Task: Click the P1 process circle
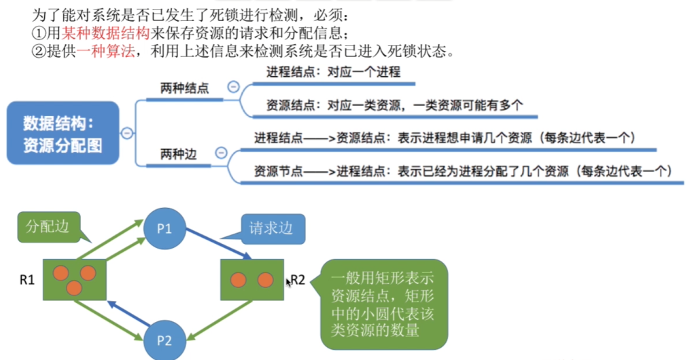tap(164, 228)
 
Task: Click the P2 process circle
tap(164, 339)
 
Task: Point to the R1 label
tap(28, 279)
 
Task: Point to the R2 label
tap(298, 280)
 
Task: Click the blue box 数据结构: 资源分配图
tap(63, 133)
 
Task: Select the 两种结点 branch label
tap(184, 88)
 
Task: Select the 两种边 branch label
tap(177, 154)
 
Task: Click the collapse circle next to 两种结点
tap(233, 88)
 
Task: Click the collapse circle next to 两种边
tap(220, 154)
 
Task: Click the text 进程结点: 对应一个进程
tap(333, 72)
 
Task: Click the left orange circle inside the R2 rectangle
tap(238, 280)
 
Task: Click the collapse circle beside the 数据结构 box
tap(126, 133)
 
